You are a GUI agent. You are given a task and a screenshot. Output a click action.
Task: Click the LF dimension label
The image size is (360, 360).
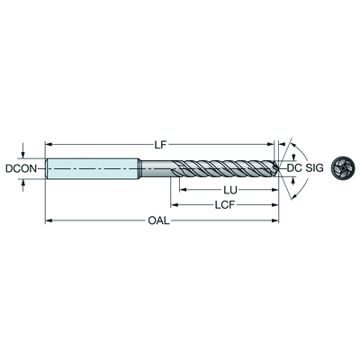160,145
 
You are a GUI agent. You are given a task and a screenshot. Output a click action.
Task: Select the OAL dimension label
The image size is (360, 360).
159,221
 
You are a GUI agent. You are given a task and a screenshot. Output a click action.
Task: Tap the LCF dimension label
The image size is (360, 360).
225,205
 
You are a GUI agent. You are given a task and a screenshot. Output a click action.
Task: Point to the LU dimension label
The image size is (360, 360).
230,190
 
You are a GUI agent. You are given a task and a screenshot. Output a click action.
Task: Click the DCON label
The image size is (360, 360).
21,168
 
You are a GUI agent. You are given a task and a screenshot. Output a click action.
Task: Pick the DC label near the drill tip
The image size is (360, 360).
294,168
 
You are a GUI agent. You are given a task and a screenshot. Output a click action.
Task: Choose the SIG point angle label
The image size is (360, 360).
315,168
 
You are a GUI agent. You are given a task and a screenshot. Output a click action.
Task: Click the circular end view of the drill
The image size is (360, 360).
343,168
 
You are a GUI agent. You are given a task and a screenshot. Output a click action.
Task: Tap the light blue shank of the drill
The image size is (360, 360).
93,168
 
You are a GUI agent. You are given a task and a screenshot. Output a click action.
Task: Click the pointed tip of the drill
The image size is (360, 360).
279,168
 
